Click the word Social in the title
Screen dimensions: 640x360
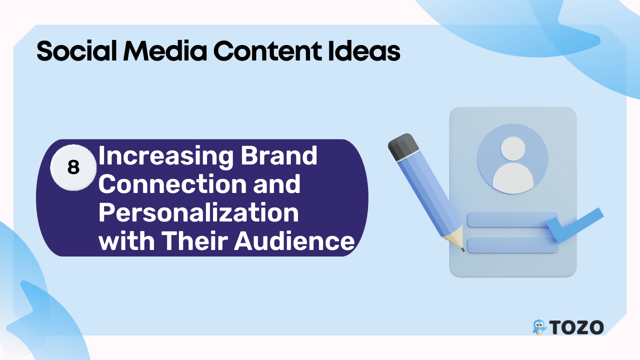point(76,51)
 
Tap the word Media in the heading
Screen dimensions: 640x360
point(165,51)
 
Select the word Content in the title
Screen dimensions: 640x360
point(267,51)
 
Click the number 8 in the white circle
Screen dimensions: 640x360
point(73,167)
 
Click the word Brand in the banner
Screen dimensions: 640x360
point(279,155)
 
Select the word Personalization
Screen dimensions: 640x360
point(198,213)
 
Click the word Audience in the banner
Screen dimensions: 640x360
point(294,241)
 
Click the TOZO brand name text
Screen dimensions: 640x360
point(576,327)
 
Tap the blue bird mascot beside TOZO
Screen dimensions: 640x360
point(539,327)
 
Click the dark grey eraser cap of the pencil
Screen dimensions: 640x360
point(403,146)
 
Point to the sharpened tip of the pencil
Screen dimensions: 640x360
point(462,250)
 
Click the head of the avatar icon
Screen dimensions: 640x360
point(513,148)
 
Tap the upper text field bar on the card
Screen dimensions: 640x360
point(508,219)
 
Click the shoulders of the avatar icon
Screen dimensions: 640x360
point(513,178)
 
